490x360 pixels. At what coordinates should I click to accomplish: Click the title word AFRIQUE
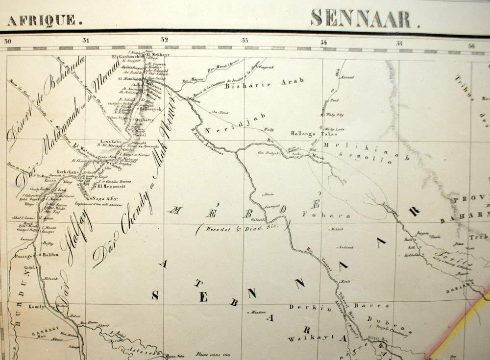click(43, 20)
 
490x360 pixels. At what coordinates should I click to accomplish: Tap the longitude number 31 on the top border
click(86, 41)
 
